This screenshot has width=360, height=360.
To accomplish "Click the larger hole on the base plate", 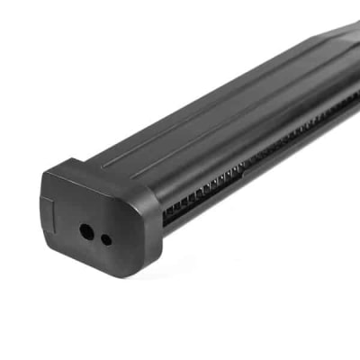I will [87, 230].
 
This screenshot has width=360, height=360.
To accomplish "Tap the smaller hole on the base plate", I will [106, 239].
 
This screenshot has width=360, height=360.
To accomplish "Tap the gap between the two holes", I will [97, 235].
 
